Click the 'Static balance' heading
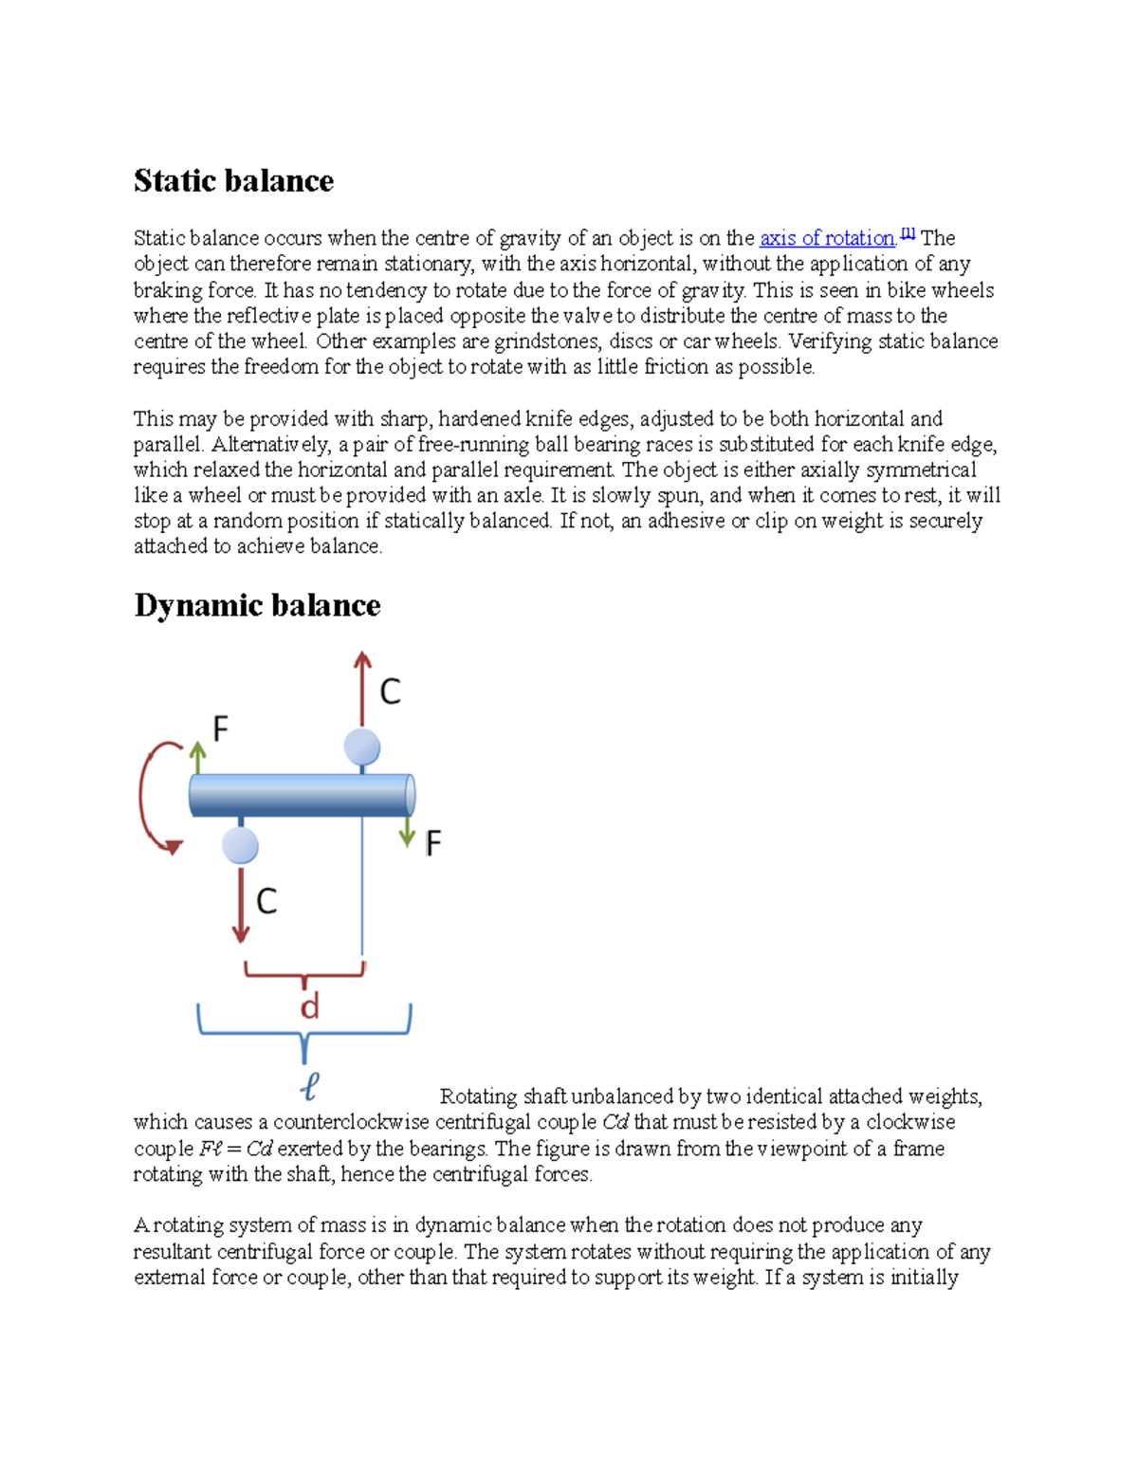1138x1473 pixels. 233,180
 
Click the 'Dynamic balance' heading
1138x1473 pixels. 257,605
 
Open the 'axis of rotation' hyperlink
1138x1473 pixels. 827,238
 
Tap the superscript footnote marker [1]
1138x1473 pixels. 908,233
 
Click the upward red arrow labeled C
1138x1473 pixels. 362,688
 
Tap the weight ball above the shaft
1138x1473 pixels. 362,747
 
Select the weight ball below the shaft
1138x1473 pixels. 241,845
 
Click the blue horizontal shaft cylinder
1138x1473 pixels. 302,795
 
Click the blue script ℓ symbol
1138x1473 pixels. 309,1085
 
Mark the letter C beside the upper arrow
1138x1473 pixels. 390,692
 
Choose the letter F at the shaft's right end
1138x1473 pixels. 433,842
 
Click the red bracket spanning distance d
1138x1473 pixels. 304,971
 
